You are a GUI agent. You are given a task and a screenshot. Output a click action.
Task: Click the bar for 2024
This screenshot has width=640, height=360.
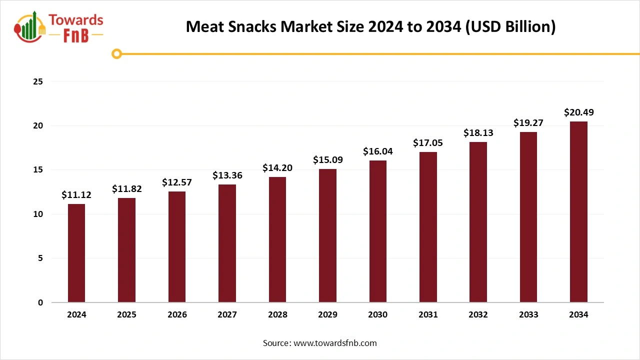point(76,253)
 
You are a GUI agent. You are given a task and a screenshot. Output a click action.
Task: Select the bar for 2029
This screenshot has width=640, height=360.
point(327,235)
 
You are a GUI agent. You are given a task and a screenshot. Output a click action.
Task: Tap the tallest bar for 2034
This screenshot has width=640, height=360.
point(578,212)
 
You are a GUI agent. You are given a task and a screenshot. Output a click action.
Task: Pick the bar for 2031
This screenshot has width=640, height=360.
point(428,227)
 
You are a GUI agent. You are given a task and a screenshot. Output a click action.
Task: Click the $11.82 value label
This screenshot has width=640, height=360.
point(126,189)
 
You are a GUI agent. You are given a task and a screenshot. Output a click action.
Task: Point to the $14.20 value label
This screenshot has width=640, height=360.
point(277,168)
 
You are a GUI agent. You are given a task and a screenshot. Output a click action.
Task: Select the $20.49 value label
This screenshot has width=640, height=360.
point(578,112)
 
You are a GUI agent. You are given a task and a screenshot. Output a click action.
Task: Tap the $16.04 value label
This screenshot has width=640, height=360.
point(377,151)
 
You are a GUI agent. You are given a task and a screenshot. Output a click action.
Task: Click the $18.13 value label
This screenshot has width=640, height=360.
point(478,133)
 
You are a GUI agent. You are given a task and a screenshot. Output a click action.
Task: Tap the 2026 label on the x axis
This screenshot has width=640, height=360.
point(177,315)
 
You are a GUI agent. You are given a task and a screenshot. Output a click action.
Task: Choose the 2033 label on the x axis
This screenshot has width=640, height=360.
point(528,315)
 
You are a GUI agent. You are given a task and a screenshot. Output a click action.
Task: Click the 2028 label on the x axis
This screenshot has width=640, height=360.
point(277,315)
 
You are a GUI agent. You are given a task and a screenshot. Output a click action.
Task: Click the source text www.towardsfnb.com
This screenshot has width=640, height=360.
point(335,343)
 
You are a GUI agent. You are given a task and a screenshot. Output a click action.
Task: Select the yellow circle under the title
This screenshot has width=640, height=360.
point(116,53)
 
